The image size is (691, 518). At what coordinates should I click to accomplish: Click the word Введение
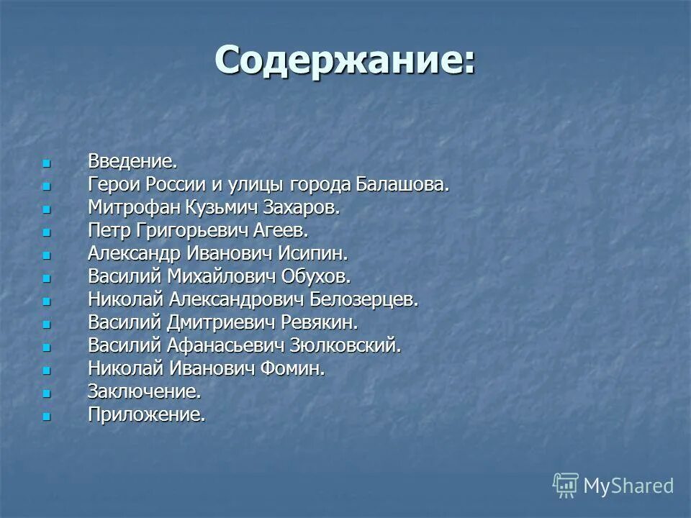pyautogui.click(x=132, y=161)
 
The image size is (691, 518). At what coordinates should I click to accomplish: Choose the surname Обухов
pyautogui.click(x=315, y=276)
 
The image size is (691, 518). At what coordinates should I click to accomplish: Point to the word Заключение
pyautogui.click(x=144, y=392)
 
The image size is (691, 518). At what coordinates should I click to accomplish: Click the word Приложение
pyautogui.click(x=147, y=415)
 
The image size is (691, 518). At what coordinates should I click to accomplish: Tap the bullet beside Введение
pyautogui.click(x=47, y=163)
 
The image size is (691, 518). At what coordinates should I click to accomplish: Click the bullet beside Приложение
pyautogui.click(x=47, y=416)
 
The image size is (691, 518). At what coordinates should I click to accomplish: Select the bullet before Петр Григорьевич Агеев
pyautogui.click(x=47, y=232)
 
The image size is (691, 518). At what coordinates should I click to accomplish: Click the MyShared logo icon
pyautogui.click(x=565, y=486)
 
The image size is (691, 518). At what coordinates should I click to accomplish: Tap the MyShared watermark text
pyautogui.click(x=628, y=486)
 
